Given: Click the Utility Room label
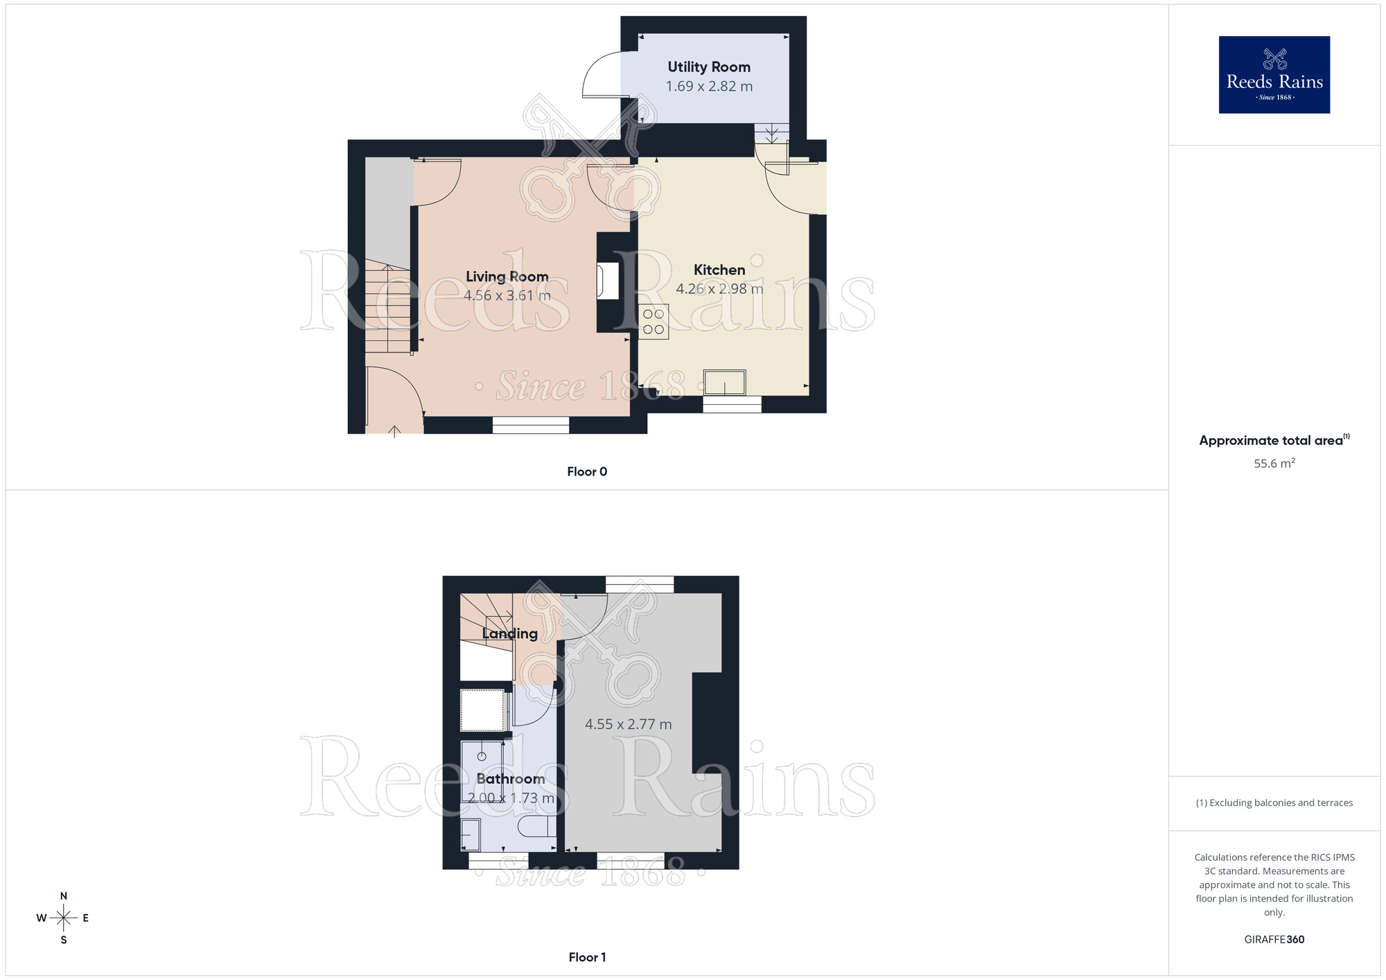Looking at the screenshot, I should pyautogui.click(x=709, y=67).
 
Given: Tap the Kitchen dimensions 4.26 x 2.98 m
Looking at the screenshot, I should pyautogui.click(x=719, y=289).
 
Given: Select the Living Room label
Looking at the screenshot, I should pyautogui.click(x=507, y=277).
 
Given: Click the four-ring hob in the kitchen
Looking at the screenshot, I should pyautogui.click(x=653, y=322).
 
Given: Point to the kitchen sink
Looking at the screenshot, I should pyautogui.click(x=724, y=382).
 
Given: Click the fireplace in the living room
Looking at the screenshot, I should pyautogui.click(x=608, y=281).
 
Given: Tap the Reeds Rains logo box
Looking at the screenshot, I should pyautogui.click(x=1274, y=75).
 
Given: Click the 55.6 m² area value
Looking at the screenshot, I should pyautogui.click(x=1274, y=463).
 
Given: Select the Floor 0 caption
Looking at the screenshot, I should pyautogui.click(x=587, y=472).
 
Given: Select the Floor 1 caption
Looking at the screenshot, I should pyautogui.click(x=587, y=957).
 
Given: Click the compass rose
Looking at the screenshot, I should pyautogui.click(x=64, y=918).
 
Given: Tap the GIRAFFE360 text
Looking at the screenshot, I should pyautogui.click(x=1274, y=940).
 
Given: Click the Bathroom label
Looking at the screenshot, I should pyautogui.click(x=511, y=779).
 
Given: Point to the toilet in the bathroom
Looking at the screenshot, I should pyautogui.click(x=536, y=826).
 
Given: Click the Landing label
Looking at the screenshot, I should pyautogui.click(x=509, y=633).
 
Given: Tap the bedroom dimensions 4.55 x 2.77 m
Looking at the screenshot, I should pyautogui.click(x=628, y=724).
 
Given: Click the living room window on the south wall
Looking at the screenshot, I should pyautogui.click(x=531, y=425).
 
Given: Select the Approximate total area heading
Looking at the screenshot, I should pyautogui.click(x=1274, y=440).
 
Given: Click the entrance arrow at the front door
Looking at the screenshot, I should pyautogui.click(x=394, y=431).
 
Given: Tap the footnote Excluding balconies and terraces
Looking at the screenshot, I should pyautogui.click(x=1274, y=803).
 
